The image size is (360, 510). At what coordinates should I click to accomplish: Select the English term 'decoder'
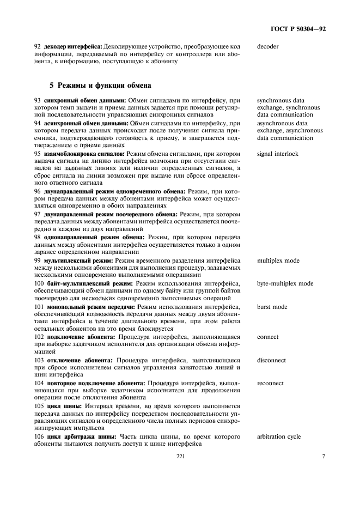267,46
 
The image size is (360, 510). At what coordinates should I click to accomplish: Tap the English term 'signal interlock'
278,154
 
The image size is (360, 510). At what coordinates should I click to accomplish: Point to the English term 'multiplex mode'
278,261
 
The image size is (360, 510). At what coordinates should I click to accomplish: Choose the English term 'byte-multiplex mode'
285,284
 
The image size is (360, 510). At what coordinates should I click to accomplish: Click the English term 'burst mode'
272,307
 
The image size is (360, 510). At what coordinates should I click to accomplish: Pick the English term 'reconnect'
270,383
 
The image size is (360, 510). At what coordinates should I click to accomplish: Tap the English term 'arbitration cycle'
278,436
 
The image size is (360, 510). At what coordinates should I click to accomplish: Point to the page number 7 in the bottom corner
324,457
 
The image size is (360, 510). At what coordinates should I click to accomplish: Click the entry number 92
38,46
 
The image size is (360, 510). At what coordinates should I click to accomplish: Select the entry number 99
38,261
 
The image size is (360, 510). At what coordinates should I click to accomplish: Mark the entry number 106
40,436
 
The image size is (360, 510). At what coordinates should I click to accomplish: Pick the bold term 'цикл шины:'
66,406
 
